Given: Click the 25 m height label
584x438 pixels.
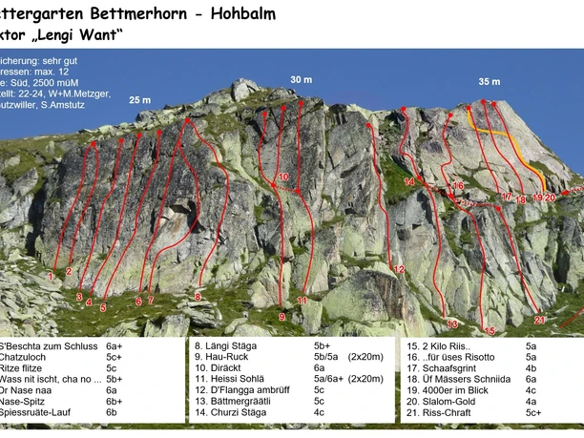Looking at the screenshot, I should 140,99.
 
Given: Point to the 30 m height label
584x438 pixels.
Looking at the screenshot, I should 301,78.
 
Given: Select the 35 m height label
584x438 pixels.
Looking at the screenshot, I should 489,81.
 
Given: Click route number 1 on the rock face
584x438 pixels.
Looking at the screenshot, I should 50,276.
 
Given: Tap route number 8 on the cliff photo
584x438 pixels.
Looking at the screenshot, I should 198,297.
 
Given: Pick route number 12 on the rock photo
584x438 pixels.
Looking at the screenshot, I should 399,270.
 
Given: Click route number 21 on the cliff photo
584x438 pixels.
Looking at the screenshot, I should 539,320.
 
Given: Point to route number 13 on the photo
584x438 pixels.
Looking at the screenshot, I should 451,323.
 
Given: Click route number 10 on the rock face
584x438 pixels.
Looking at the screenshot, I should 283,177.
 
